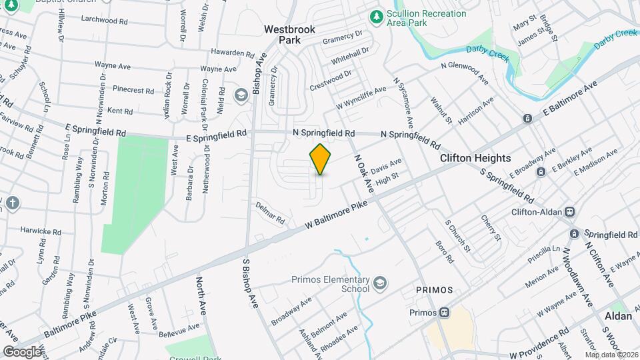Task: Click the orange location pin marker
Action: [x=321, y=159]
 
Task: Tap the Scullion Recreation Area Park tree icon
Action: [x=377, y=16]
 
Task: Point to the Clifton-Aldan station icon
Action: [x=569, y=212]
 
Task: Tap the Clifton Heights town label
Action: [x=475, y=158]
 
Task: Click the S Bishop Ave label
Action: [x=250, y=283]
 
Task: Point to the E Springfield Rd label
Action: [x=96, y=133]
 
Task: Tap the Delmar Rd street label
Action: [x=271, y=213]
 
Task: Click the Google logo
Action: [x=22, y=351]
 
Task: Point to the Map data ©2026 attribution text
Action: [x=611, y=355]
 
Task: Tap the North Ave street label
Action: [x=201, y=297]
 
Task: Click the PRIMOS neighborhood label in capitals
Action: [x=434, y=291]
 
